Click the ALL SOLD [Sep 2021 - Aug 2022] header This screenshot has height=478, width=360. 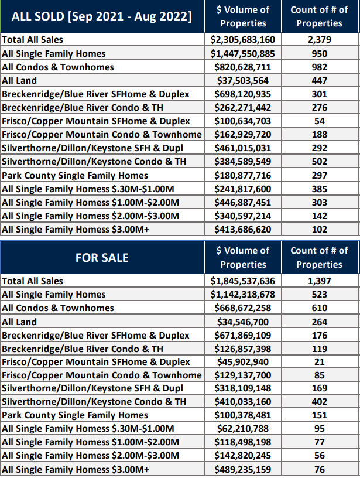[102, 16]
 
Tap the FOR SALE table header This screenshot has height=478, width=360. [102, 258]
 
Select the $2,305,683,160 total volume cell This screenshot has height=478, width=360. [243, 40]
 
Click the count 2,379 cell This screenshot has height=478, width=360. [319, 40]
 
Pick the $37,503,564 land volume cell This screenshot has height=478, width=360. [243, 80]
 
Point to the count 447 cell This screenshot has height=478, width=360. [319, 80]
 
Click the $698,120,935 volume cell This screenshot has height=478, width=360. [243, 94]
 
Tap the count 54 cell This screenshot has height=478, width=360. [319, 121]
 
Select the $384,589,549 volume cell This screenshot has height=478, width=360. [243, 161]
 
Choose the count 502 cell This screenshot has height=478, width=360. [319, 161]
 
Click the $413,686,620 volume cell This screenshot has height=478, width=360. [243, 229]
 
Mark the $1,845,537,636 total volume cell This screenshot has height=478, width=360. [243, 281]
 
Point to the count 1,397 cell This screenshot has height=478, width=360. [319, 281]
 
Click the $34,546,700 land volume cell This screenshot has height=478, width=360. [243, 322]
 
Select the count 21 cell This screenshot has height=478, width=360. [319, 362]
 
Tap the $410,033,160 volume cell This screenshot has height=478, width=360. [243, 401]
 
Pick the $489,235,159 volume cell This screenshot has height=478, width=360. [243, 469]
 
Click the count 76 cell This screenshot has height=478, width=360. [319, 469]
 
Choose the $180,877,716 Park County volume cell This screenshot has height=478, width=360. [243, 176]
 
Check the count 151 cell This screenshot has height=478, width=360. [319, 415]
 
